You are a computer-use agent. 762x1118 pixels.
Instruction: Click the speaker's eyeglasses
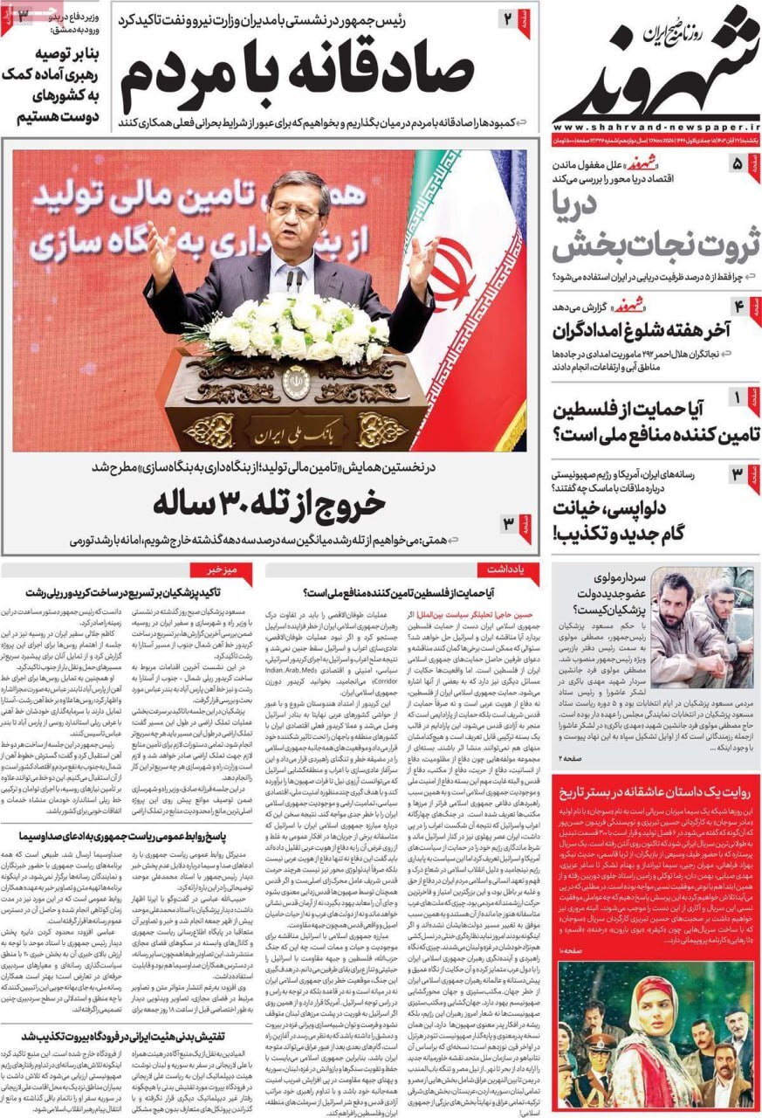pyautogui.click(x=294, y=210)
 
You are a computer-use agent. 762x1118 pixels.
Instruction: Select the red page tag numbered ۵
pyautogui.click(x=738, y=164)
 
